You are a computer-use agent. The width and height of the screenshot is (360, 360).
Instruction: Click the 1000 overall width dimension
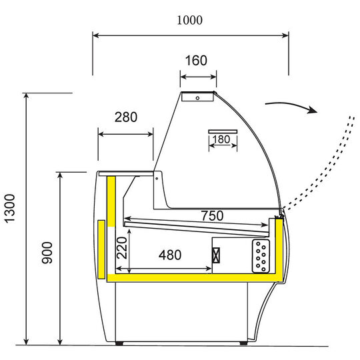tap(189, 21)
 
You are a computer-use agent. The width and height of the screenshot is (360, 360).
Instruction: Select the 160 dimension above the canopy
tap(195, 61)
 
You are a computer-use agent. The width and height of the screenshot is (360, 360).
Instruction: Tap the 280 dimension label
tap(125, 117)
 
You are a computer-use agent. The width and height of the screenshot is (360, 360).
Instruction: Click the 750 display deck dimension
tap(212, 216)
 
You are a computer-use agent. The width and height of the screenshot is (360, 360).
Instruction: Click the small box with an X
tap(216, 255)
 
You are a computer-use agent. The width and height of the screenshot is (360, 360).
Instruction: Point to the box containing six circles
tap(261, 255)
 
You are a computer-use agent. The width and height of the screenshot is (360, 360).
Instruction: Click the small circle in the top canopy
tap(197, 97)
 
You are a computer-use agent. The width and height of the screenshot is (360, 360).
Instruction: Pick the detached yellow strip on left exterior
tap(101, 250)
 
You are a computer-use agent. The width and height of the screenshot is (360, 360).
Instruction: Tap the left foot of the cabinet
tap(119, 343)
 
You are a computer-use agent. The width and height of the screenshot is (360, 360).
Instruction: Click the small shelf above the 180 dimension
tap(223, 130)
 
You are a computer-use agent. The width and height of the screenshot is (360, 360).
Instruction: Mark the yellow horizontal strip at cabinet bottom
tap(193, 274)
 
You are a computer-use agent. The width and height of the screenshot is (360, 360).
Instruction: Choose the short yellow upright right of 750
tap(272, 228)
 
